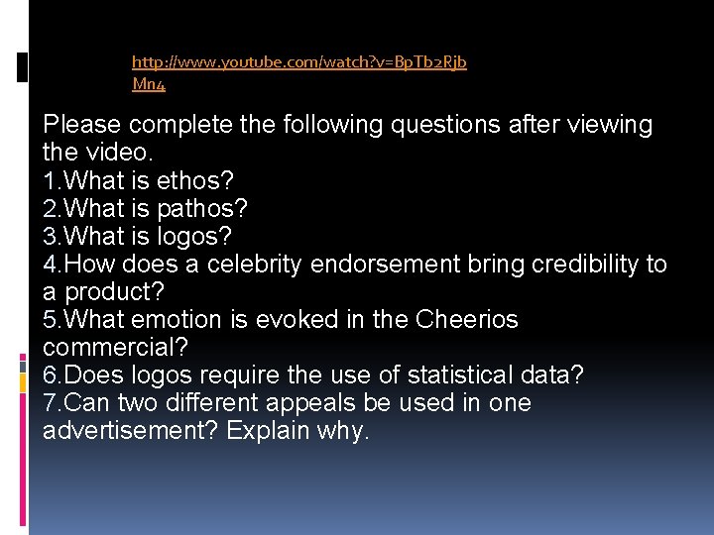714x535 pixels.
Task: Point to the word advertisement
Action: [x=131, y=431]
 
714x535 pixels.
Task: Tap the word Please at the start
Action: [x=82, y=125]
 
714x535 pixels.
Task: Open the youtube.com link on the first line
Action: [x=298, y=62]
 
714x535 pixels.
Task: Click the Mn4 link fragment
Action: [x=149, y=84]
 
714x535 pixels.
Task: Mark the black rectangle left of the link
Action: [x=23, y=67]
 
